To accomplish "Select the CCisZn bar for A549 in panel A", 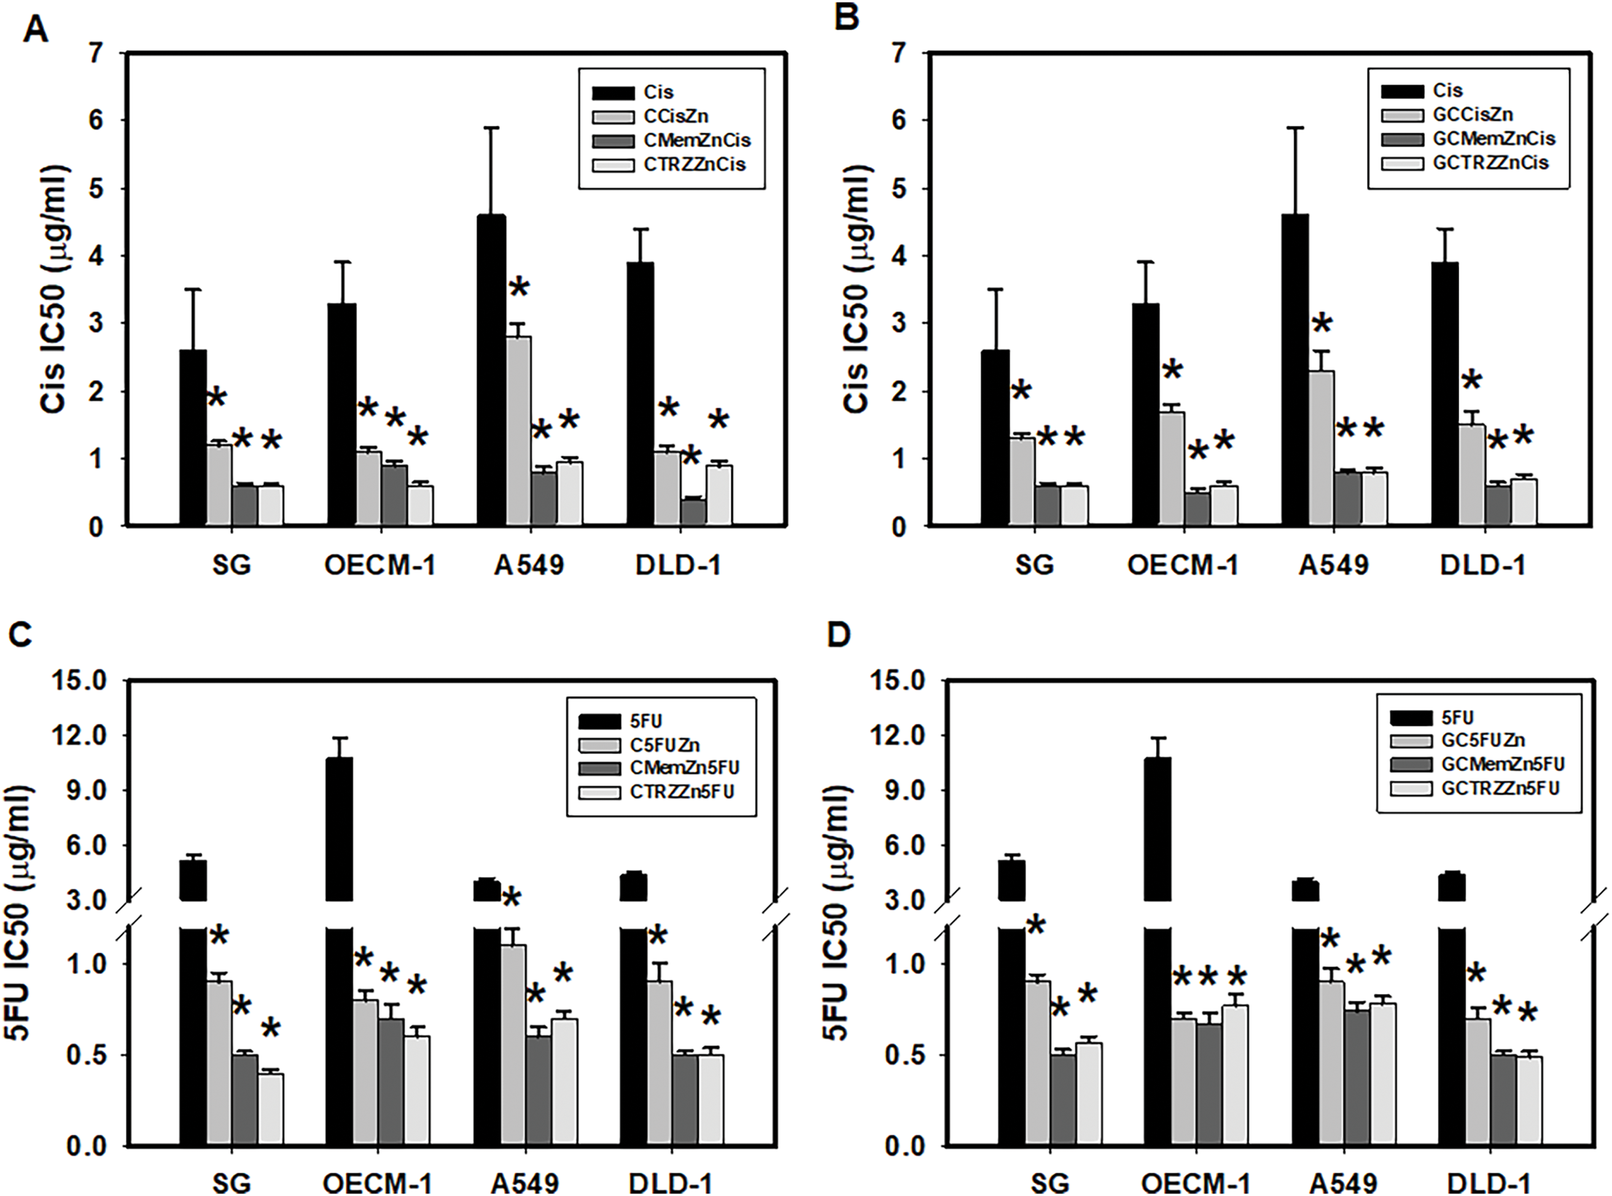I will click(518, 431).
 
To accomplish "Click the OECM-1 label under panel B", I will click(1183, 565).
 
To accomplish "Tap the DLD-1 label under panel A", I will click(678, 565).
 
